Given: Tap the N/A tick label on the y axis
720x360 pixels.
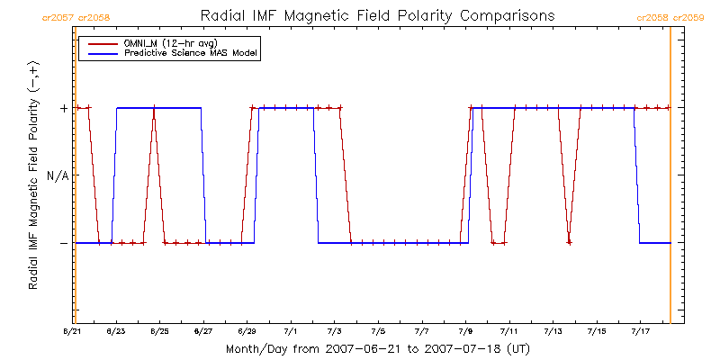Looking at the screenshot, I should [58, 175].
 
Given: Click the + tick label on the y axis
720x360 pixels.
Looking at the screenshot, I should [63, 108].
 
